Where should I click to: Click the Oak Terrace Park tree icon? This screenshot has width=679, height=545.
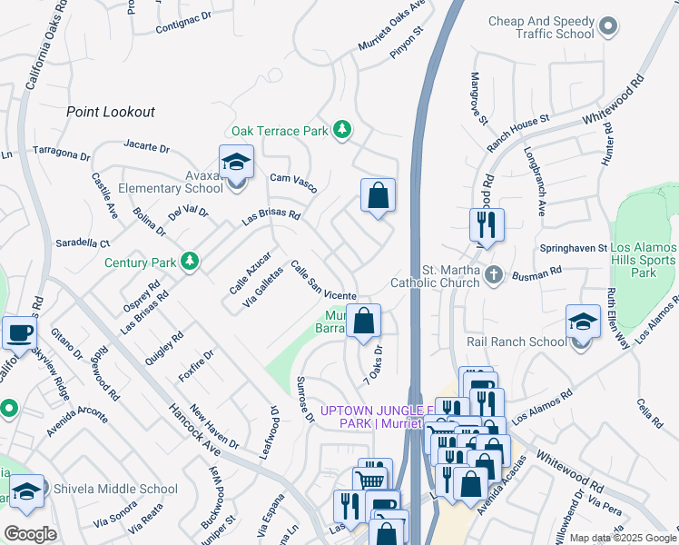click(x=342, y=131)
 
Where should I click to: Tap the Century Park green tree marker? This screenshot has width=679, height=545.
click(x=189, y=262)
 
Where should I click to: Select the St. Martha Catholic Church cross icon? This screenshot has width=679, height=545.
click(x=493, y=275)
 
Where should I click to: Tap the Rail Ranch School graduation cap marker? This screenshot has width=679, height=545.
click(x=583, y=322)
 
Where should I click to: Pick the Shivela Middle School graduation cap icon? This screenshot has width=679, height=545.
click(x=27, y=491)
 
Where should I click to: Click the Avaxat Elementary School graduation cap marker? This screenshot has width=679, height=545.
click(x=236, y=163)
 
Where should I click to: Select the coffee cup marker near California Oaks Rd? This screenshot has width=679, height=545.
click(x=19, y=332)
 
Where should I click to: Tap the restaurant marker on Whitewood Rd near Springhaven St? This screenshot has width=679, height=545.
click(x=487, y=223)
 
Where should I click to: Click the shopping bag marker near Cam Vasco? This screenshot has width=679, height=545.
click(x=378, y=195)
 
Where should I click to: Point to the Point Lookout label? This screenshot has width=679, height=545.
click(x=111, y=112)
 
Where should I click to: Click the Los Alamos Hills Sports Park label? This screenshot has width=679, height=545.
click(x=644, y=261)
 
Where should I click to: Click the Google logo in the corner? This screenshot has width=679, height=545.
click(x=29, y=534)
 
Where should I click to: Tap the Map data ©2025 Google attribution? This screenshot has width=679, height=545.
click(x=623, y=538)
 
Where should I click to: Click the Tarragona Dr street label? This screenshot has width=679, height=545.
click(x=68, y=152)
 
